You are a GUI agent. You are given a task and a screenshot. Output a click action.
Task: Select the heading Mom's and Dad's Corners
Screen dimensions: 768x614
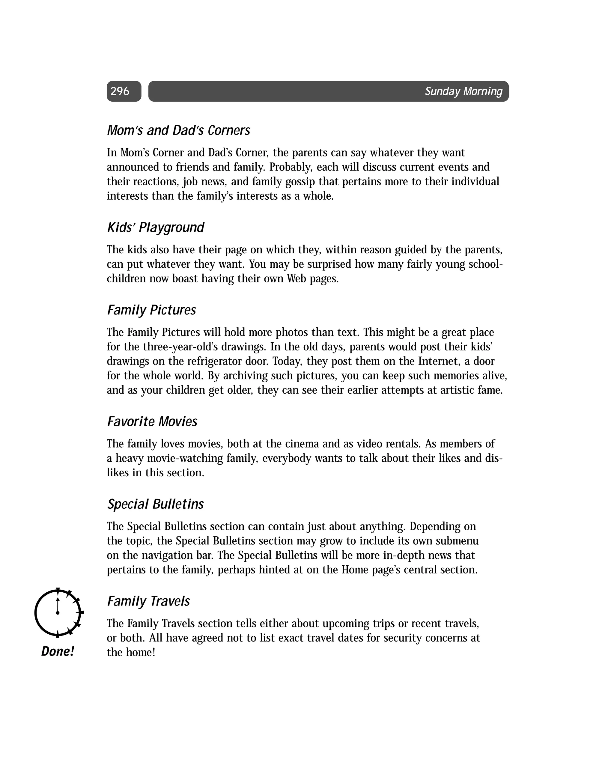pyautogui.click(x=179, y=130)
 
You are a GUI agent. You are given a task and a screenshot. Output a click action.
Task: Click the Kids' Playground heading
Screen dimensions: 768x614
pyautogui.click(x=155, y=227)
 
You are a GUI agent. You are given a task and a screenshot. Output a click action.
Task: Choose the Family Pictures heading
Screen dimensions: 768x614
pyautogui.click(x=151, y=310)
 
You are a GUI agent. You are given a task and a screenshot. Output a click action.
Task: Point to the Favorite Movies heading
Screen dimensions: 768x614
pyautogui.click(x=152, y=421)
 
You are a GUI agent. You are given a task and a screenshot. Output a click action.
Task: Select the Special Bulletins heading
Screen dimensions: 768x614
pyautogui.click(x=155, y=504)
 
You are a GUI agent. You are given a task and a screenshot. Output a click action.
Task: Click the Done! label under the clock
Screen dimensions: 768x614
pyautogui.click(x=57, y=651)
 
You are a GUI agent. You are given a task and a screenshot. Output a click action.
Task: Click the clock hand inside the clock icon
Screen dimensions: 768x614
pyautogui.click(x=57, y=606)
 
